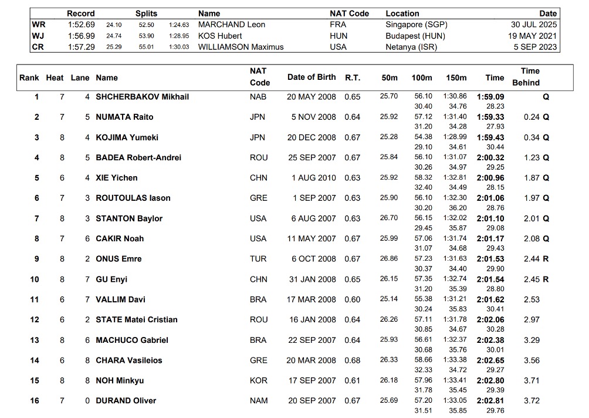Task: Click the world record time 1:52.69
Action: (81, 25)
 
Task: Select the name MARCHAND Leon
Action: (232, 25)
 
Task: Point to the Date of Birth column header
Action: (312, 77)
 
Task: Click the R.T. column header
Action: (353, 77)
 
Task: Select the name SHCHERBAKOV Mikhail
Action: (143, 97)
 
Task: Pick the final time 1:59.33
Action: (490, 117)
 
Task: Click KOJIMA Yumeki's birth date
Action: (312, 137)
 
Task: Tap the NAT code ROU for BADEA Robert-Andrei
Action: (258, 157)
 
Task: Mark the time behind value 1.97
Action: (532, 198)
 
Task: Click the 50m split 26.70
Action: (389, 218)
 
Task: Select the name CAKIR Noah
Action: (120, 239)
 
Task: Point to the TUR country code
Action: (258, 259)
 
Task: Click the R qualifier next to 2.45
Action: (546, 279)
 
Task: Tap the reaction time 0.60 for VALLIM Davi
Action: (353, 299)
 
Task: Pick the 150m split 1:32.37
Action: (455, 340)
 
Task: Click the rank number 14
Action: (36, 360)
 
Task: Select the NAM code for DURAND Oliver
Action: (259, 401)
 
